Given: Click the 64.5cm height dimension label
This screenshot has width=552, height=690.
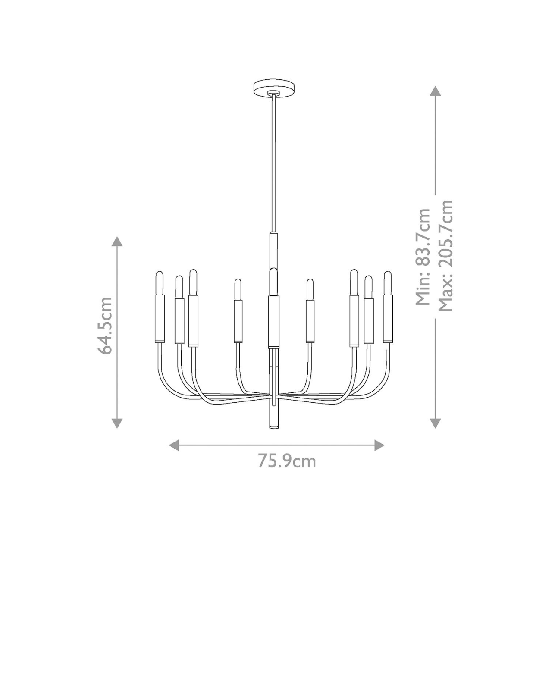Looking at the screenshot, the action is (x=105, y=326).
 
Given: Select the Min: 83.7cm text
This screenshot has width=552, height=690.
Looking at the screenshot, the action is (x=423, y=257).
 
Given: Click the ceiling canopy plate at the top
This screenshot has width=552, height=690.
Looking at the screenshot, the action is (x=274, y=87).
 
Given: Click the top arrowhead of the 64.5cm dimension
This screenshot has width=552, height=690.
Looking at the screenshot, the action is (x=117, y=241).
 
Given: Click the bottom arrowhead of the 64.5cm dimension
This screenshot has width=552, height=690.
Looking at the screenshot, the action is (x=117, y=423).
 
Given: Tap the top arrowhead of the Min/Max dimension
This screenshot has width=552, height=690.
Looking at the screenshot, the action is (x=435, y=91).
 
